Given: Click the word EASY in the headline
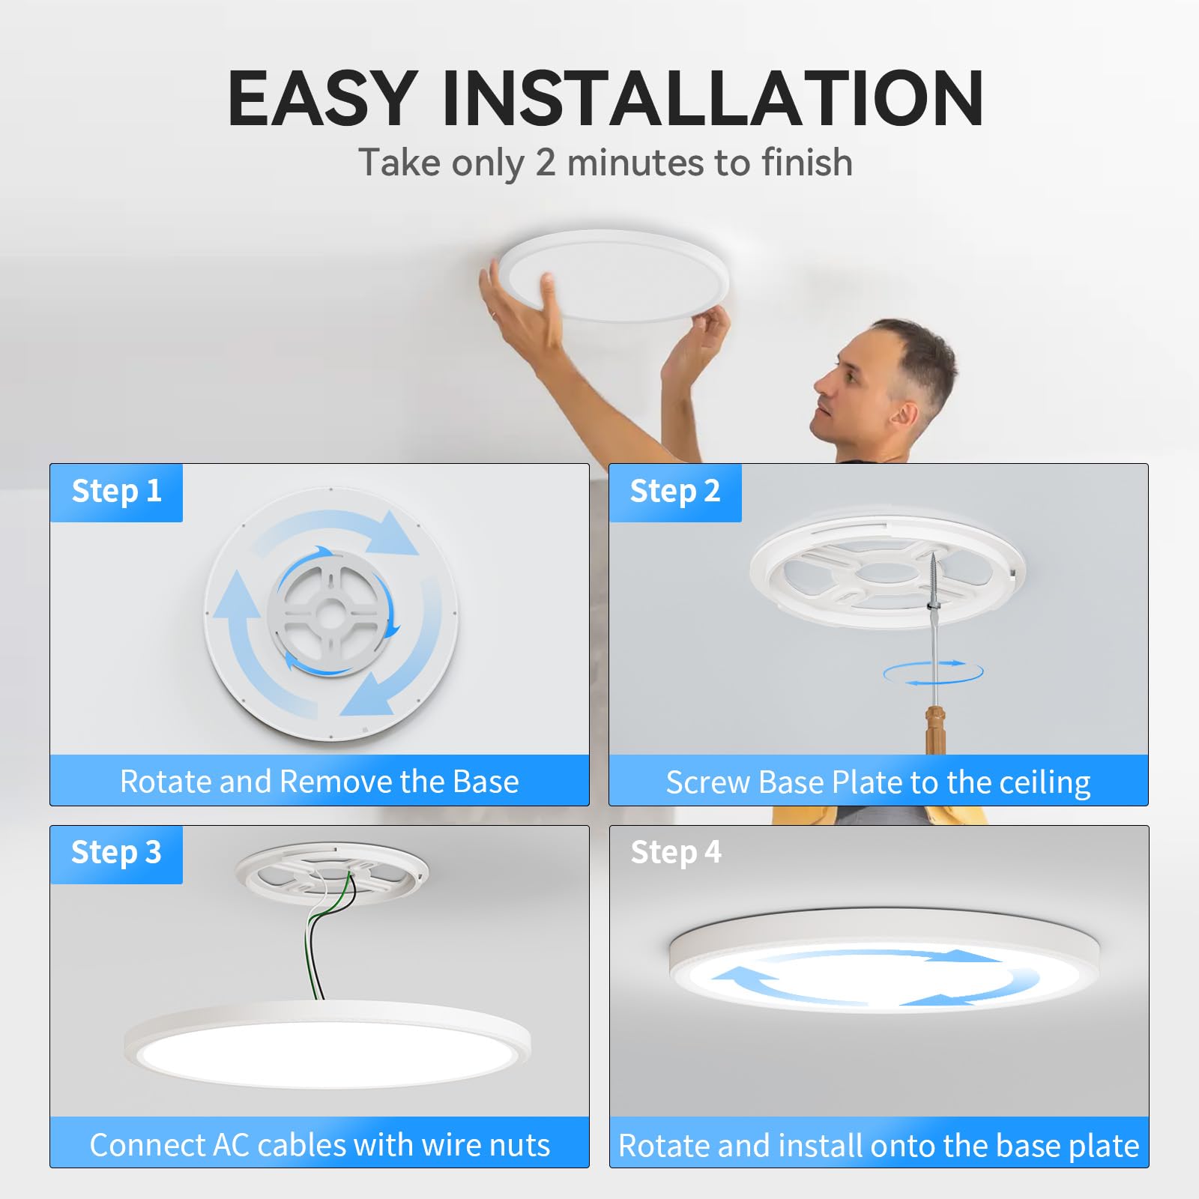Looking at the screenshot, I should (322, 99).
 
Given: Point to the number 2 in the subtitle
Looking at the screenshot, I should (546, 163).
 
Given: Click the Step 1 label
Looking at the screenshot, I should (116, 492).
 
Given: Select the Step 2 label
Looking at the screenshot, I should (674, 492).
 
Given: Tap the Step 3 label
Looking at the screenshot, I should (116, 853).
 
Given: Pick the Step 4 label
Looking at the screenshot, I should (675, 853).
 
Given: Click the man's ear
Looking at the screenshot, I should (904, 414).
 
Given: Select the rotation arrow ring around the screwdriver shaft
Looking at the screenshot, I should (933, 672).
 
